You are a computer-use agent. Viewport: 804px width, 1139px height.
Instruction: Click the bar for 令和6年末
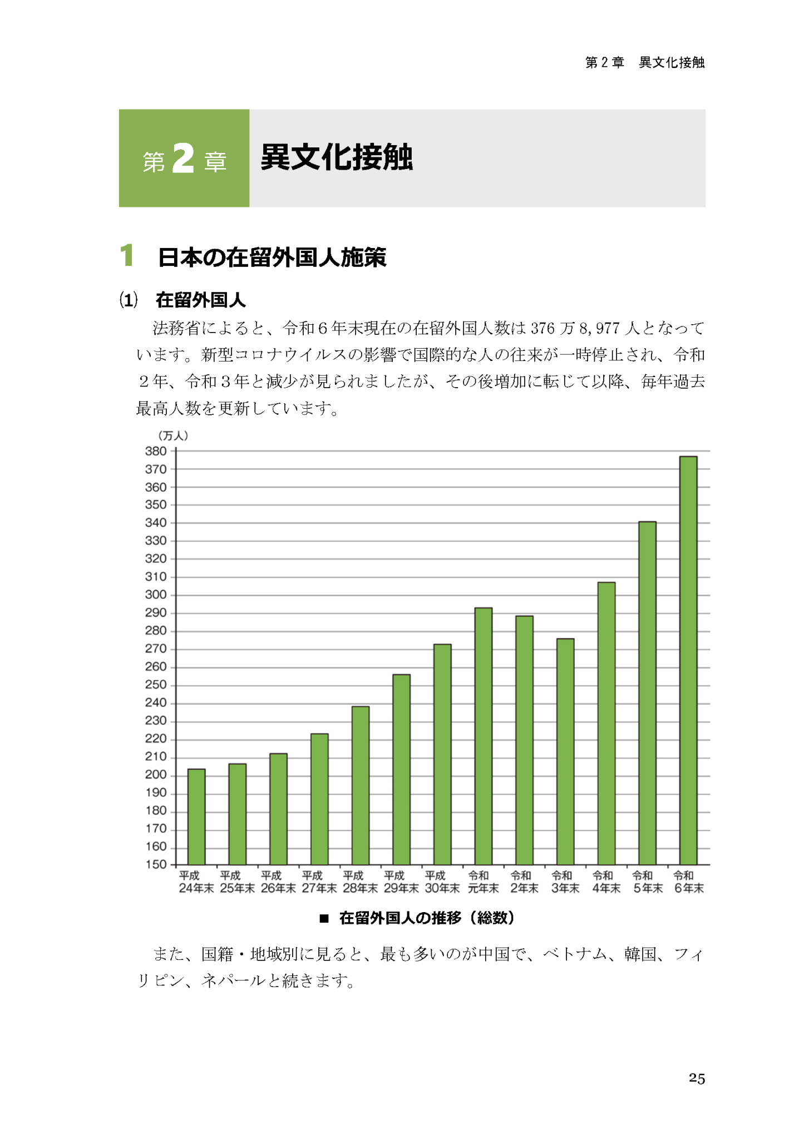(x=688, y=660)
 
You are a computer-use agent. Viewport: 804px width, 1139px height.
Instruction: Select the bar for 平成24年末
(x=196, y=816)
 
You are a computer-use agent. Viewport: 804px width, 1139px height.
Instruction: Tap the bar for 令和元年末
(x=483, y=736)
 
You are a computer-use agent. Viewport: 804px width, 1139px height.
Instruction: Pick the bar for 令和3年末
(x=565, y=751)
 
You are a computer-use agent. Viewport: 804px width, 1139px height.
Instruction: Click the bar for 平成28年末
(x=360, y=785)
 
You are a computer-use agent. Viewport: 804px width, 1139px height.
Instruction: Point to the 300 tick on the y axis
(x=156, y=595)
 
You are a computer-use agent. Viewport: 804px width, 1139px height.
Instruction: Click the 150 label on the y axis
(x=156, y=864)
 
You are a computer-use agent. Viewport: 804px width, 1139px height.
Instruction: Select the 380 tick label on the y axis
(x=156, y=451)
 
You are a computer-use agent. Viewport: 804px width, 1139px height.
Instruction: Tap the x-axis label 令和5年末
(x=647, y=882)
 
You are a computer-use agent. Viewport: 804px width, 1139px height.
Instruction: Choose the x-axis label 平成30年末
(x=442, y=882)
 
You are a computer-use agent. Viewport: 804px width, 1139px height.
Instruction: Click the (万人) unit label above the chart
(x=173, y=435)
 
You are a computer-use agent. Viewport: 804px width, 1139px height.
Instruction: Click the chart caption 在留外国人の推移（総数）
(x=426, y=918)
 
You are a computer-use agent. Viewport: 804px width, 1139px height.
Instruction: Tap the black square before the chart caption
(x=324, y=918)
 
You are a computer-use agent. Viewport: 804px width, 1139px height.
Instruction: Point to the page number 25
(x=697, y=1078)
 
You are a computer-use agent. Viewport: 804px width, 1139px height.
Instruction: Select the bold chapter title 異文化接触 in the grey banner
(x=337, y=157)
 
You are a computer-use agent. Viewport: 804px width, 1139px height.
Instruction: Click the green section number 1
(x=127, y=256)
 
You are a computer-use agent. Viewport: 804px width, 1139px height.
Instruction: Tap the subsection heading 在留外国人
(x=200, y=300)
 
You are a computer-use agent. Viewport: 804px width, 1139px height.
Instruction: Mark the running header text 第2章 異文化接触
(x=644, y=62)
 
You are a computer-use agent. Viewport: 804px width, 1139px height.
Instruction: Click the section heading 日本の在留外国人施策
(x=272, y=257)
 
